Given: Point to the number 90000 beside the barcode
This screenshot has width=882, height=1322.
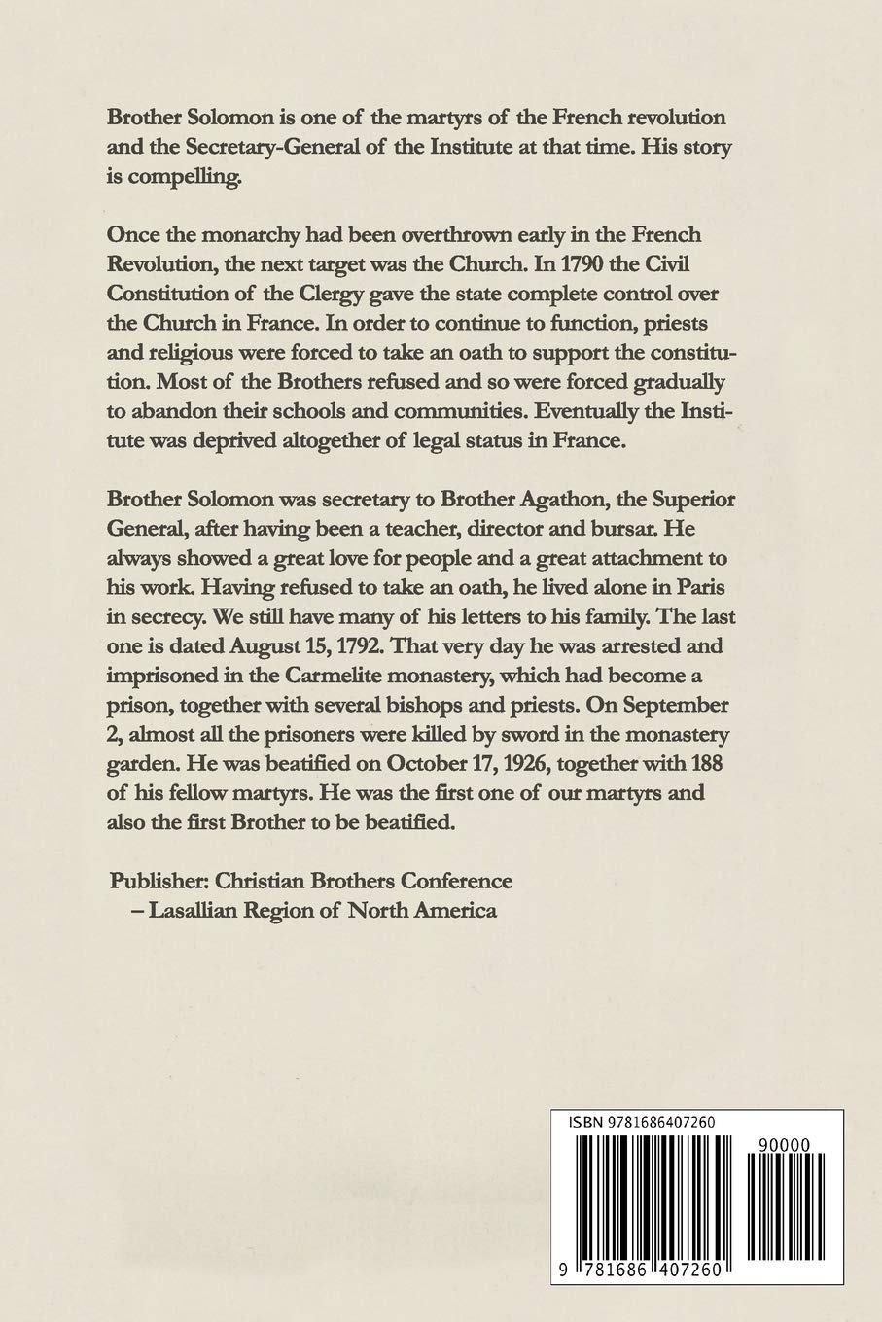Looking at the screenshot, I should [x=780, y=1146].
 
